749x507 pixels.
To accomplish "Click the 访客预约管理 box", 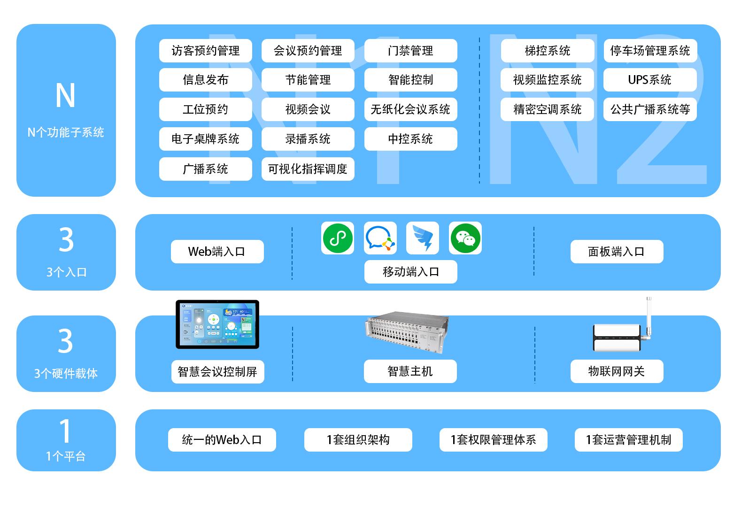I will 205,51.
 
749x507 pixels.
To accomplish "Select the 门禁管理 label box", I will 410,51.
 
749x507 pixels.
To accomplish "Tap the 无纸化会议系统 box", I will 410,109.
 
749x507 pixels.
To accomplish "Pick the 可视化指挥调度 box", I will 308,169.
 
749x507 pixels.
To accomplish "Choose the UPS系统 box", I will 649,80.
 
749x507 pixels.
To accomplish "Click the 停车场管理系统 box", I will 649,51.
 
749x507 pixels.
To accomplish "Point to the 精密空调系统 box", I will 547,109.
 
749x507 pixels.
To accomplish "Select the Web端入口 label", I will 217,252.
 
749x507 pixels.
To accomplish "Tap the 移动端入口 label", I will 410,272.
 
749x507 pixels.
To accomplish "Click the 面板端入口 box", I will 616,252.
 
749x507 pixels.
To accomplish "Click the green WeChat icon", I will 465,238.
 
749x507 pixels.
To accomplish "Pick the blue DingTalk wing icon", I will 423,238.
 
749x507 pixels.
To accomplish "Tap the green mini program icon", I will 338,238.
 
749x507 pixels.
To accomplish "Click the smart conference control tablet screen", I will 217,324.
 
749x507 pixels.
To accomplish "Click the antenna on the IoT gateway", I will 649,317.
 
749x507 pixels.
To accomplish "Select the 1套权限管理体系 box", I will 493,440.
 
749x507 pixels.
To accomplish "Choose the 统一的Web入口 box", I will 222,440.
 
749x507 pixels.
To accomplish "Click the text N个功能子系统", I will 66,132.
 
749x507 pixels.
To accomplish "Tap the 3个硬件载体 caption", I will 66,374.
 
